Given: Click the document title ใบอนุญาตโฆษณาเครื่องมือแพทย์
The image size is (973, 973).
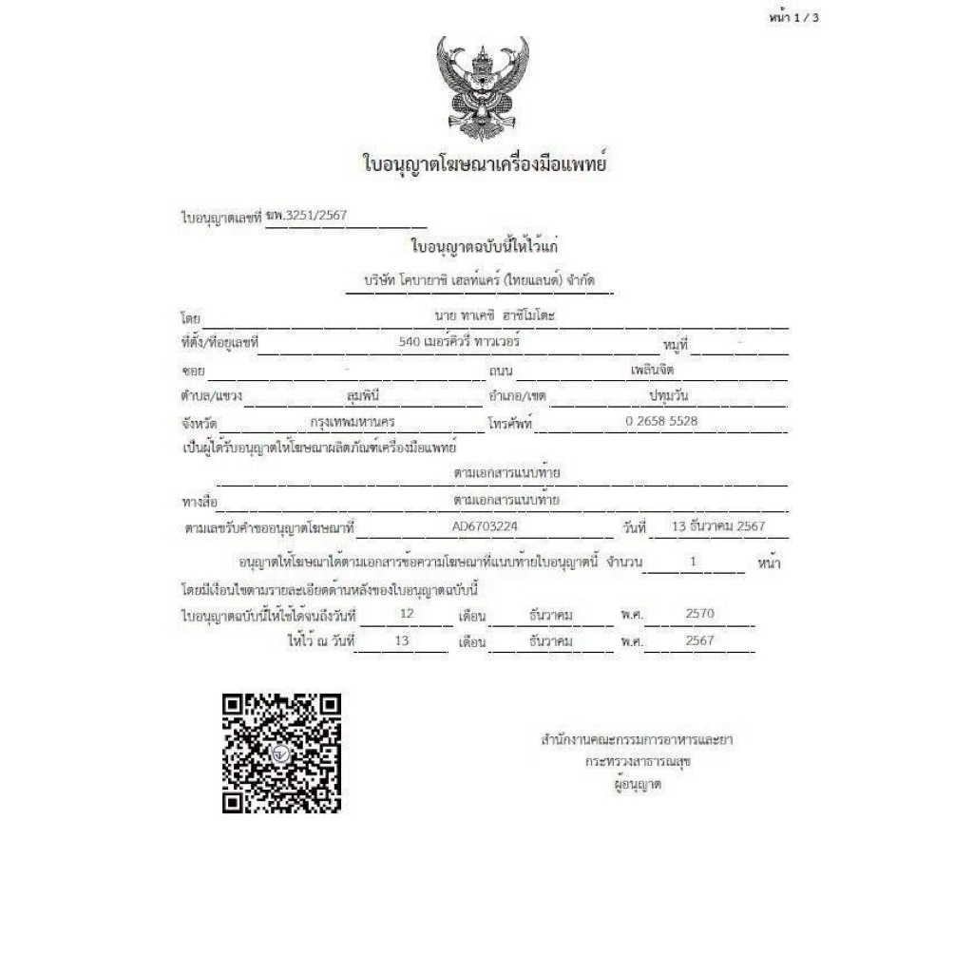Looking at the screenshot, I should [485, 163].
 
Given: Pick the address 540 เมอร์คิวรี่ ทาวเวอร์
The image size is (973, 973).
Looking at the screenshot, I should [460, 338].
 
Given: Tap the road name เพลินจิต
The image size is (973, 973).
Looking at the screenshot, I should [651, 369].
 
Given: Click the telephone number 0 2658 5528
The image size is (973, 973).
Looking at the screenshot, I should [662, 420].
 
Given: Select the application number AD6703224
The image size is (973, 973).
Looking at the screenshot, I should [486, 525].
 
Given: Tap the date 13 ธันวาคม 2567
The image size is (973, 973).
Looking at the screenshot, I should [717, 525].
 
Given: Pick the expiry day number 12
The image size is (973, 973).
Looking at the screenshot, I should [407, 614].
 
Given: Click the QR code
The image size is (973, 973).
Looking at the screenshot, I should [281, 754].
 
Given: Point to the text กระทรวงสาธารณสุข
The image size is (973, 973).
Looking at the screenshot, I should [637, 761].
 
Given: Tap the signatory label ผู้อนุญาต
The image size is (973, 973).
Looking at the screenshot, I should [638, 784].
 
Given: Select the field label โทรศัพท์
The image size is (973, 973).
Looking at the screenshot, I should [511, 422].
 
